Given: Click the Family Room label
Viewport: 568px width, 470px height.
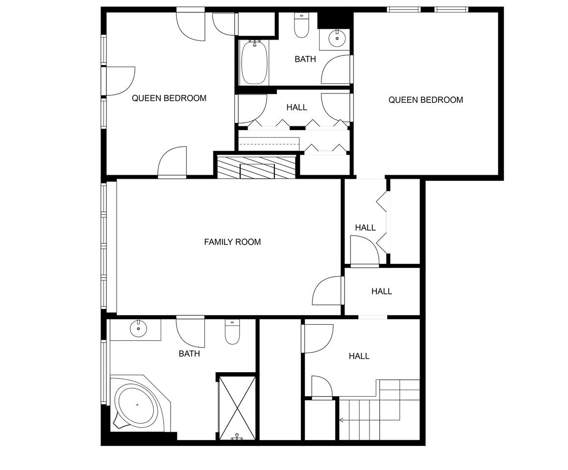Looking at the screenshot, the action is click(232, 242).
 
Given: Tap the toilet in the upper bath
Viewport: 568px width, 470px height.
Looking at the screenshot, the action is click(301, 25).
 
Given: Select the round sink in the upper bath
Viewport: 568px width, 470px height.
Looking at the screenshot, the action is click(337, 38).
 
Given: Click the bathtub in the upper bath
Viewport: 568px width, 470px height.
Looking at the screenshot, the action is click(254, 62).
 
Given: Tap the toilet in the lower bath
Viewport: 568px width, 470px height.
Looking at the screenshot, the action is click(232, 332).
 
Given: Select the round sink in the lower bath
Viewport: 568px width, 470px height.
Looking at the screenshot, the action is click(138, 329).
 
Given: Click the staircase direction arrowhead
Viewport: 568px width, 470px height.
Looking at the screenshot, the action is click(341, 420).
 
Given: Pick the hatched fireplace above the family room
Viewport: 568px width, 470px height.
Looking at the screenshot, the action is click(256, 166).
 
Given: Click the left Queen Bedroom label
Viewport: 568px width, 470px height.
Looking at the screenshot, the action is click(169, 98).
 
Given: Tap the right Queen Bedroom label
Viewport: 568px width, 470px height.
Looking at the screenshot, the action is click(426, 100).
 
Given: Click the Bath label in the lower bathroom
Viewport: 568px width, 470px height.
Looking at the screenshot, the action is click(189, 353).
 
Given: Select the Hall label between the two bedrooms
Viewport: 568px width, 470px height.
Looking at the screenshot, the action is click(296, 107).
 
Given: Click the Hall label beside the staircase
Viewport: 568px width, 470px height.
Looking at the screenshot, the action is click(359, 356).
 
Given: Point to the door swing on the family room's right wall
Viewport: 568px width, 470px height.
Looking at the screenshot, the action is click(327, 290).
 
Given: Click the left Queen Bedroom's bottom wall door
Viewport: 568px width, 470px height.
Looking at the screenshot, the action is click(172, 162).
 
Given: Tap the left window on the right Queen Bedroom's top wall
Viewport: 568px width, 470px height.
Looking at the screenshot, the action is click(403, 9).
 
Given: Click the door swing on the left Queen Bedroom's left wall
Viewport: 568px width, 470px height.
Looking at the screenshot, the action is click(120, 81).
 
